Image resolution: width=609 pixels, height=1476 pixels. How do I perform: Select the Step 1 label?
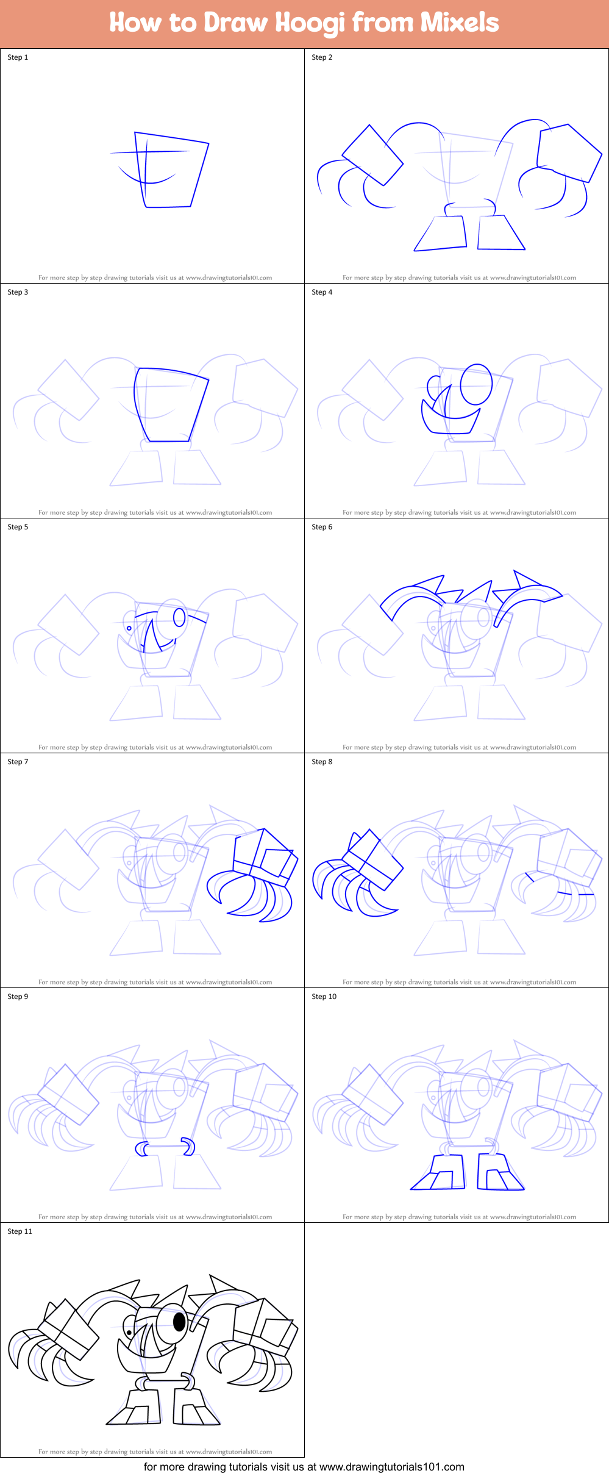[x=18, y=57]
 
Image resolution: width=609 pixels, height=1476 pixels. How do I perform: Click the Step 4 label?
[x=322, y=292]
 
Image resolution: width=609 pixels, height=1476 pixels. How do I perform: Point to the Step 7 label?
[x=18, y=762]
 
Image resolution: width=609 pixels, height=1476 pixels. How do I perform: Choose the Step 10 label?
[x=324, y=997]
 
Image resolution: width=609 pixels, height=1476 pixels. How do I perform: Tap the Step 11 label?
[x=20, y=1231]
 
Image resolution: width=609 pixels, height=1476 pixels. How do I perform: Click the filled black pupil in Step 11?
[x=179, y=1321]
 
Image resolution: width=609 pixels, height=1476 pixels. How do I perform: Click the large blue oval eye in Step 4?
[x=476, y=384]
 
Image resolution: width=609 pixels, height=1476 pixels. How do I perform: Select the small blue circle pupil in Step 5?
[x=129, y=628]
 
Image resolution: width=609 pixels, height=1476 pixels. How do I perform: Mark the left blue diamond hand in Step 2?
[x=372, y=155]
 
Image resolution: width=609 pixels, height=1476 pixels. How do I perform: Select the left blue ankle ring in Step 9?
[x=141, y=1150]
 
